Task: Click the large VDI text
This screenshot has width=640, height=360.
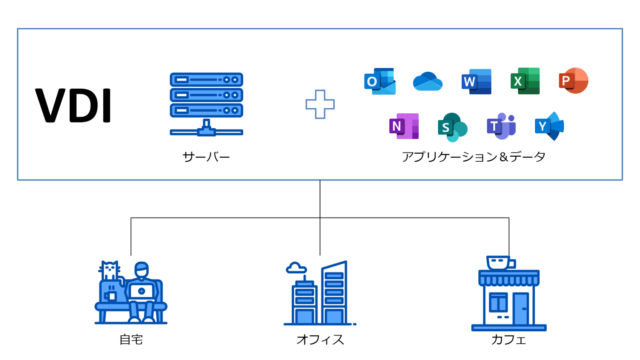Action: coord(73,105)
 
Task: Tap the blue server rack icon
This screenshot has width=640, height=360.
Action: coord(206,104)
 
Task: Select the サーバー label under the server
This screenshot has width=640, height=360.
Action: coord(206,157)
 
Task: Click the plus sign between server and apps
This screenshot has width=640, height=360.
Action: coord(320,104)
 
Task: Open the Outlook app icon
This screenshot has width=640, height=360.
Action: coord(380,81)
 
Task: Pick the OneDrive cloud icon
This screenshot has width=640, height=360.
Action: coord(427,81)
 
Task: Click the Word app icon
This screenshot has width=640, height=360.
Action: coord(476,81)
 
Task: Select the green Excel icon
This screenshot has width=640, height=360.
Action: coord(525,81)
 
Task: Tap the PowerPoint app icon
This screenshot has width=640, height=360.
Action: coord(573,80)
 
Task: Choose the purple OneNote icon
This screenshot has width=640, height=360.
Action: coord(404,126)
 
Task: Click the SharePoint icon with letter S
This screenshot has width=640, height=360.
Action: coord(452,127)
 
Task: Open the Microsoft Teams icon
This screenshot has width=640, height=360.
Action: coord(501,126)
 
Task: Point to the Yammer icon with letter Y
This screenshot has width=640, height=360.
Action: coord(549,126)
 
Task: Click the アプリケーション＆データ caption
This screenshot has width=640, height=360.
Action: coord(473,157)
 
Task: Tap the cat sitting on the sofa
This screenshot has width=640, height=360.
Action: coord(110,271)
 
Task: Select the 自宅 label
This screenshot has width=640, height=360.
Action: coord(131,340)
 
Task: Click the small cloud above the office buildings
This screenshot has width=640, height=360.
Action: coord(296,268)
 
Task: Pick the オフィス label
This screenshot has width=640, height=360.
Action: coord(320,340)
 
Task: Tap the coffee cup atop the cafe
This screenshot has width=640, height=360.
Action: coord(500,263)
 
